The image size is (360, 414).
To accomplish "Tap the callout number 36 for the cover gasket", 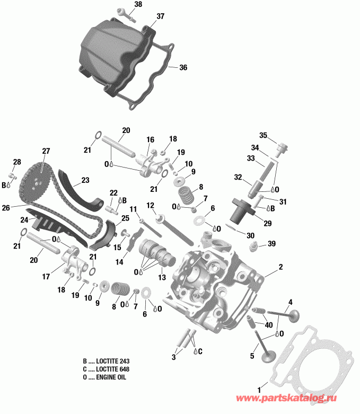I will click(x=183, y=68).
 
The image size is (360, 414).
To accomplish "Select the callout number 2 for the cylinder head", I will click(x=281, y=267).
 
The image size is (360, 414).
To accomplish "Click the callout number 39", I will click(x=272, y=243).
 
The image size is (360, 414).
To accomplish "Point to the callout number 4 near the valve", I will click(x=290, y=303).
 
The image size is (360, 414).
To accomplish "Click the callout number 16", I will click(x=150, y=139).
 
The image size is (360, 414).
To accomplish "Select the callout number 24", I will click(x=24, y=219).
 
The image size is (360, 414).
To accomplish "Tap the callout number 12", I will click(x=150, y=205).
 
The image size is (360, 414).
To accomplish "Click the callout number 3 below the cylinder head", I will click(x=173, y=358).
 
